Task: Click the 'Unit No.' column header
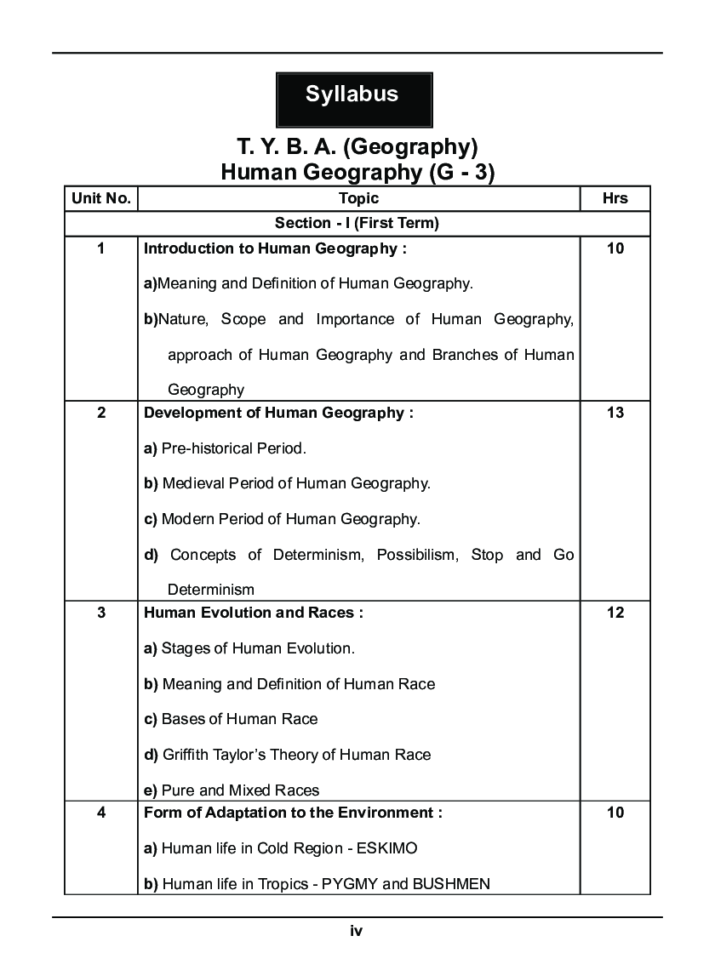[x=101, y=198]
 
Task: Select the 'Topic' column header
[x=358, y=198]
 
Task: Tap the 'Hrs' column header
[x=615, y=198]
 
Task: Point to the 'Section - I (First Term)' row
[x=357, y=224]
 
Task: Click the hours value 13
[x=615, y=413]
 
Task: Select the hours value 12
[x=615, y=613]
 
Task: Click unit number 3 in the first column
[x=101, y=613]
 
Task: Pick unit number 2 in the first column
[x=101, y=413]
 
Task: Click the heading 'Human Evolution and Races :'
[x=254, y=613]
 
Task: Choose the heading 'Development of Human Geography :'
[x=278, y=413]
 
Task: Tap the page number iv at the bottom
[x=357, y=932]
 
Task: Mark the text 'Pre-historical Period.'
[x=233, y=448]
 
